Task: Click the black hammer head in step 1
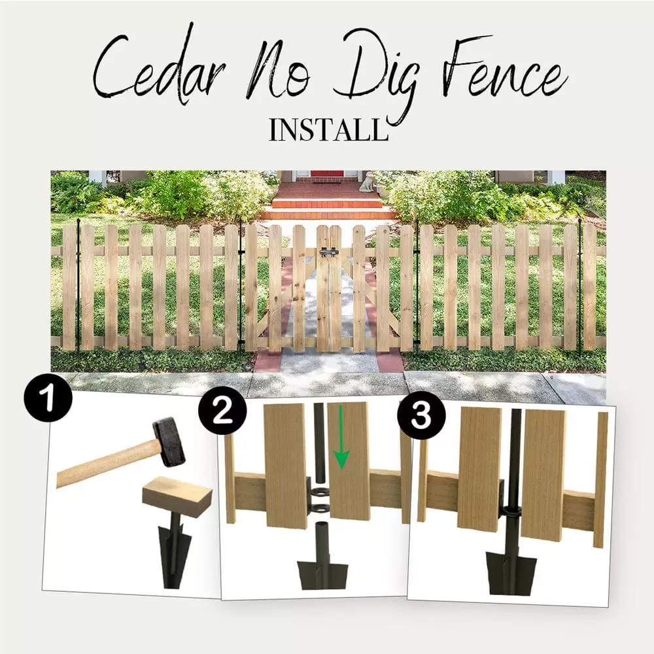(169, 442)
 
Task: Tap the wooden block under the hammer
(177, 496)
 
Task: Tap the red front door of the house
(326, 173)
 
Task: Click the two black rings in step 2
(321, 500)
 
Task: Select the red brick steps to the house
(327, 199)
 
